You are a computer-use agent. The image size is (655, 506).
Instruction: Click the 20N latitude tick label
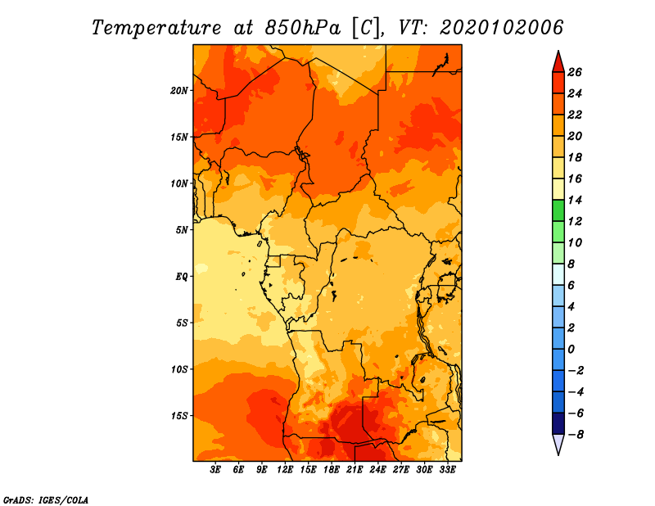(179, 91)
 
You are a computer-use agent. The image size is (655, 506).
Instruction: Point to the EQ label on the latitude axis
(181, 277)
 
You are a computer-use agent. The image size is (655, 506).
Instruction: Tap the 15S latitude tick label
(179, 416)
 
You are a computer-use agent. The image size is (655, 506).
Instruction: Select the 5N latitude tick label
(182, 230)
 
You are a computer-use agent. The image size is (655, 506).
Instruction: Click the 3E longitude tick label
(215, 470)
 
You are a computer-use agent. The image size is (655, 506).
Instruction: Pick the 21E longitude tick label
(355, 470)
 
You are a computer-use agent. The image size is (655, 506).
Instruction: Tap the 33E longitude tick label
(447, 470)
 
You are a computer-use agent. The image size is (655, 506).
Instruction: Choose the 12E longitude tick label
(284, 470)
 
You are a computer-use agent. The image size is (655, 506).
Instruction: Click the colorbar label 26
(575, 72)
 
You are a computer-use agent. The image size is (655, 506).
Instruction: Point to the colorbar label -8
(576, 435)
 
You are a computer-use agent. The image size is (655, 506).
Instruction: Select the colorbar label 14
(575, 200)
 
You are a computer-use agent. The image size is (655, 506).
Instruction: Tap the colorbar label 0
(571, 350)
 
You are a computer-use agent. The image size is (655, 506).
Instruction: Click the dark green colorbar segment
(558, 210)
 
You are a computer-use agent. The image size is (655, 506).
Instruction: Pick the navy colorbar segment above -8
(558, 423)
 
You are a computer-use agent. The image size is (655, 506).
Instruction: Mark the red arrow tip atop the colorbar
(558, 51)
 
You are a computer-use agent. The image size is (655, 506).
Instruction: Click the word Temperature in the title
(156, 28)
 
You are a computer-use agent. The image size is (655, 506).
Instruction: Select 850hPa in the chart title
(303, 28)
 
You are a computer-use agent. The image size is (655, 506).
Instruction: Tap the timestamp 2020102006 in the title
(501, 28)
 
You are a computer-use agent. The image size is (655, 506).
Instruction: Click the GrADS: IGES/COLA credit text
(46, 500)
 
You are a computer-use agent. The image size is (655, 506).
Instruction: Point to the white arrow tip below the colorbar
(558, 454)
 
